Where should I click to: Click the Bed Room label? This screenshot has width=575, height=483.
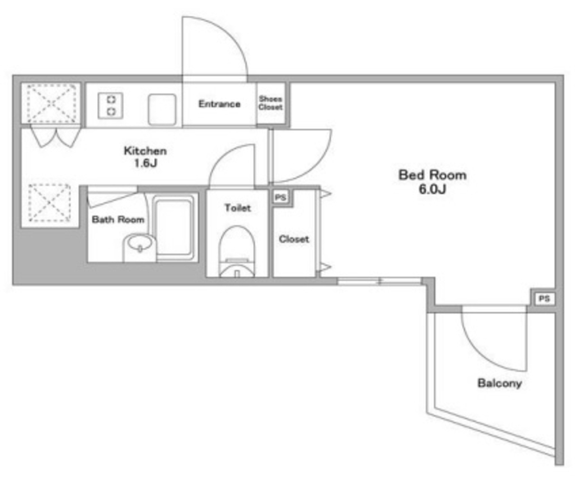tap(432, 175)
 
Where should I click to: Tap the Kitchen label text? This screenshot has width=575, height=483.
tap(145, 151)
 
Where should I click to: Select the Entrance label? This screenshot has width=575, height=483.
tap(220, 104)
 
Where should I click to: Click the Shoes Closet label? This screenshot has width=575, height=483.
tap(271, 103)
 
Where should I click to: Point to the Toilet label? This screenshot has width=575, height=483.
tap(238, 208)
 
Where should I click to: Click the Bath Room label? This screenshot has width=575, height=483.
tap(118, 219)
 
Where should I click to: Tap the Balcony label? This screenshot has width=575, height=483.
tap(499, 383)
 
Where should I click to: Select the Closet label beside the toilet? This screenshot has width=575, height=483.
tap(294, 239)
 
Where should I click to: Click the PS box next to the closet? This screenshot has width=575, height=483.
tap(281, 197)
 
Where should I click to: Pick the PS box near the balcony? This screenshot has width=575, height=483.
tap(544, 299)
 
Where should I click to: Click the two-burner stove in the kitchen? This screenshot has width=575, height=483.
tap(111, 106)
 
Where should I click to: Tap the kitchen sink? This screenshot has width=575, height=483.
tap(162, 110)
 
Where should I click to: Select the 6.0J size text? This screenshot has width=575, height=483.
tap(432, 189)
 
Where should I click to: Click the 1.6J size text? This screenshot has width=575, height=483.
tap(145, 163)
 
